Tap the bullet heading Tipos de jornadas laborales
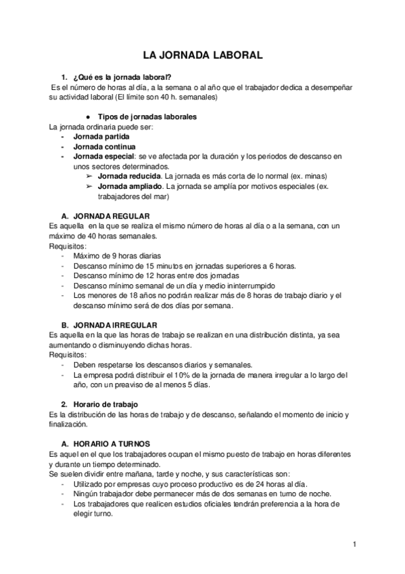click(147, 116)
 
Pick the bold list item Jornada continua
click(104, 146)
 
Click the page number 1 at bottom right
click(354, 544)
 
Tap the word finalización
click(68, 424)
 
